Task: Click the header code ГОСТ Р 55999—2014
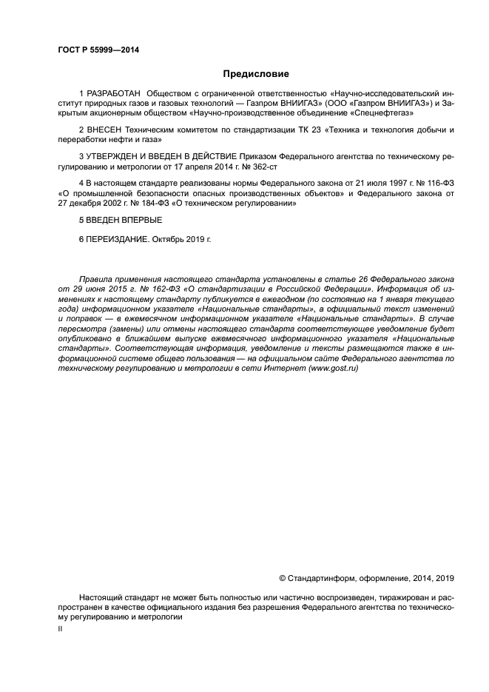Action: tap(98, 50)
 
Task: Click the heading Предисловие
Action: tap(256, 74)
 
